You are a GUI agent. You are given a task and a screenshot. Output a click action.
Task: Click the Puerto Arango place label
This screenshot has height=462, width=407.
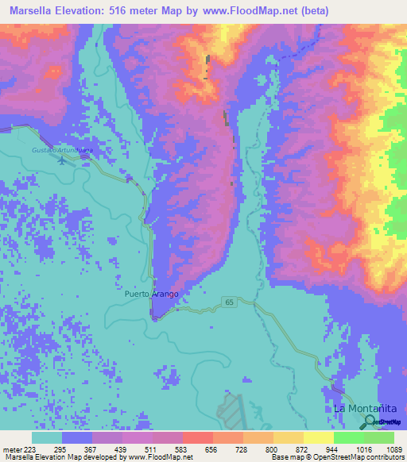click(x=152, y=293)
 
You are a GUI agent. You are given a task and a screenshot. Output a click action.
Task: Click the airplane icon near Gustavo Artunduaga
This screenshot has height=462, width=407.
click(x=63, y=159)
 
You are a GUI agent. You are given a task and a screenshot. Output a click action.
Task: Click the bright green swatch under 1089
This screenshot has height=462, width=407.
click(x=379, y=438)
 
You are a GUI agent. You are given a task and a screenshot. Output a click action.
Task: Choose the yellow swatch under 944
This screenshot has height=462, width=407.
click(x=319, y=438)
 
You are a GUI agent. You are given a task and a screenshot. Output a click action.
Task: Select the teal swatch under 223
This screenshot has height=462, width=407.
click(x=47, y=438)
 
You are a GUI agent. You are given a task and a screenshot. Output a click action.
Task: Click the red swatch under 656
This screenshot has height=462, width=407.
click(x=198, y=438)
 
